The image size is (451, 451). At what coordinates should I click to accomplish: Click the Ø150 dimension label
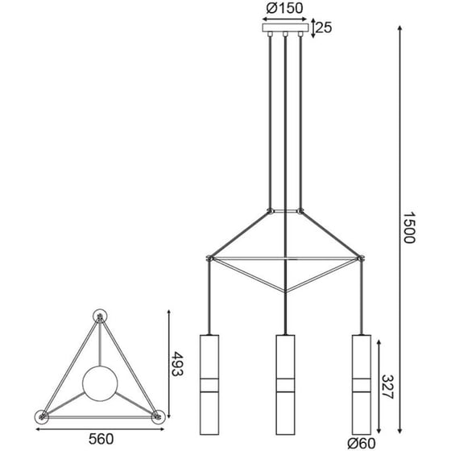pos(284,8)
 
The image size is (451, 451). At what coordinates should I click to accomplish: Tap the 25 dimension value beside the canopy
pos(324,27)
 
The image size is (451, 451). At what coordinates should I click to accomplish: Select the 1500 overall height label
pos(408,227)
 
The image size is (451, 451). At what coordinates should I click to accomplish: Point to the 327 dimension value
pos(387,387)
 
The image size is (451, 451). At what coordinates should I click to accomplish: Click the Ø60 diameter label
pos(362,443)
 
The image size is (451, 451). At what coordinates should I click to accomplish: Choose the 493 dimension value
pos(177,363)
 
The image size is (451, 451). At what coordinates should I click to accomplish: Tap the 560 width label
pos(101,439)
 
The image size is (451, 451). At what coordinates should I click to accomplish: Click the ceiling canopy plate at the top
pos(285,27)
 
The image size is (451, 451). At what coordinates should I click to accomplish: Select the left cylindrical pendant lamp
pos(209,385)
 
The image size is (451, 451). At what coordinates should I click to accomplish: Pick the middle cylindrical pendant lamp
pos(285,385)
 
